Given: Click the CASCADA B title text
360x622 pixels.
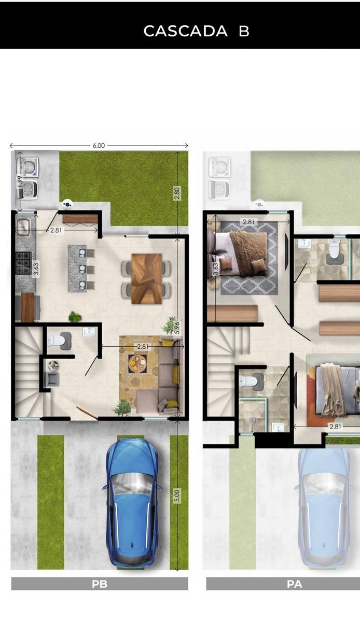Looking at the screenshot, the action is pos(196,31).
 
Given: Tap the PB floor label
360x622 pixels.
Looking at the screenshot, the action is pos(100,584).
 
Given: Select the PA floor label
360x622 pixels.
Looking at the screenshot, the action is pos(295,584).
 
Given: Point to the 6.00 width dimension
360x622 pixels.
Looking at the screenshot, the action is pos(99,146).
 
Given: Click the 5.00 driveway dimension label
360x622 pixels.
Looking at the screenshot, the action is pos(177,496).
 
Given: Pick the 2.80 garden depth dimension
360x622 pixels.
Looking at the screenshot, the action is pos(177,193).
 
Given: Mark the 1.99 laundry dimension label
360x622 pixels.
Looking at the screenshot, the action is pos(20,182).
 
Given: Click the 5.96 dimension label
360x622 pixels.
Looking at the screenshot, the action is pos(177,328).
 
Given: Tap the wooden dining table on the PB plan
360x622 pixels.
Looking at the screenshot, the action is pos(146,278).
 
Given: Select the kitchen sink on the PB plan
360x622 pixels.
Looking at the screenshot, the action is pos(23,226).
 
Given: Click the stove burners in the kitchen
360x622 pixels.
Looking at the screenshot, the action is pos(23,263).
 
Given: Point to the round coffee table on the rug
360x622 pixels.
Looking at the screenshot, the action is pos(137,363).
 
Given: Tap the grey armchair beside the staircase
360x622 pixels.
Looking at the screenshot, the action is pos(52,379).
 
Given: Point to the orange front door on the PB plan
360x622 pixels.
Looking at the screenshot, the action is pos(87,413).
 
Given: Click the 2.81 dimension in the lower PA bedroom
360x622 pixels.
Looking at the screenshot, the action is pos(335,426).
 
